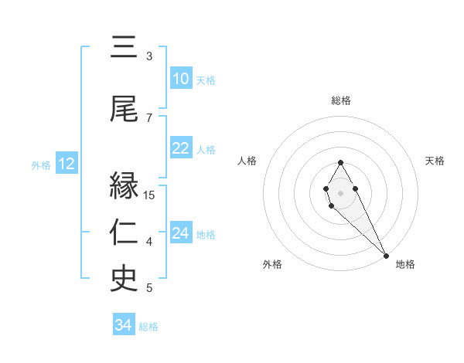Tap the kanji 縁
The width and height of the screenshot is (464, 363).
click(124, 187)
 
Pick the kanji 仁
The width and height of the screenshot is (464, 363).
click(124, 232)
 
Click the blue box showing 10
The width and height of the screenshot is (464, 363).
click(180, 80)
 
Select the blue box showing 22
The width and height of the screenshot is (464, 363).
click(180, 149)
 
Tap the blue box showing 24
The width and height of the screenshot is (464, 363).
click(180, 233)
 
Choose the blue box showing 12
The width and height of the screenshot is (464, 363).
click(67, 164)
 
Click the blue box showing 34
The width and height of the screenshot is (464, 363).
click(123, 326)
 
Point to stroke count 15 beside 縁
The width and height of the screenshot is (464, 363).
click(150, 195)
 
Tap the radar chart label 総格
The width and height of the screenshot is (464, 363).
click(341, 100)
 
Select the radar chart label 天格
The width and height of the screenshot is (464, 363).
click(435, 161)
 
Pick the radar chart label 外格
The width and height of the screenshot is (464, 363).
click(272, 265)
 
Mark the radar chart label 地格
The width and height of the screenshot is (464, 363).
click(405, 265)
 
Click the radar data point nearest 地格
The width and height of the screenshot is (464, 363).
click(386, 256)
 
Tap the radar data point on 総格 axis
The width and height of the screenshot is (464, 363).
click(340, 162)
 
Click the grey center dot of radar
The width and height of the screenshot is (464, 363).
click(340, 192)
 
